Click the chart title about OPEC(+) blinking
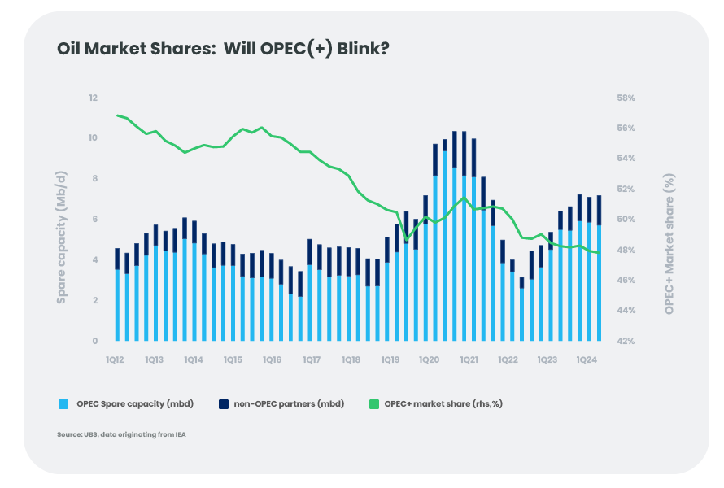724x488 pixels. coord(223,49)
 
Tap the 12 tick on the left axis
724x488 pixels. coord(93,98)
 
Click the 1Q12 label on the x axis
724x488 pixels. coord(115,359)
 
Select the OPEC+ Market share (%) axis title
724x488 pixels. coord(669,243)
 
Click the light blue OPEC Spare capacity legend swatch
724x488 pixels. coord(63,403)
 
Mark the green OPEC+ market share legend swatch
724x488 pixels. coord(375,403)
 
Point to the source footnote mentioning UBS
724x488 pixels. coord(122,435)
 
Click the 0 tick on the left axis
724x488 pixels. coord(94,341)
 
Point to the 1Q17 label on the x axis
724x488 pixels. coord(311,359)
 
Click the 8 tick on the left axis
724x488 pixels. coord(94,179)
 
